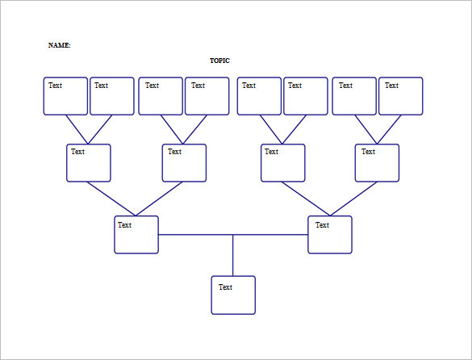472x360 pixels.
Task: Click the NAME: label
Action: click(x=59, y=45)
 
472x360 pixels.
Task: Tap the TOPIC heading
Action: click(x=219, y=61)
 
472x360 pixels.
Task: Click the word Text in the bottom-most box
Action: click(x=225, y=287)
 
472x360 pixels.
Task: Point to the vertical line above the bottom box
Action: click(x=232, y=255)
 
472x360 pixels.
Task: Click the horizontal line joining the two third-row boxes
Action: click(x=233, y=234)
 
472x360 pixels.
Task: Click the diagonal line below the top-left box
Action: click(x=77, y=129)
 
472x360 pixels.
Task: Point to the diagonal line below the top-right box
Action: click(x=389, y=129)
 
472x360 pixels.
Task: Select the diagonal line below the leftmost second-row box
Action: click(x=111, y=199)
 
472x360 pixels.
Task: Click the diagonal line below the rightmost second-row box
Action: click(x=353, y=199)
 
